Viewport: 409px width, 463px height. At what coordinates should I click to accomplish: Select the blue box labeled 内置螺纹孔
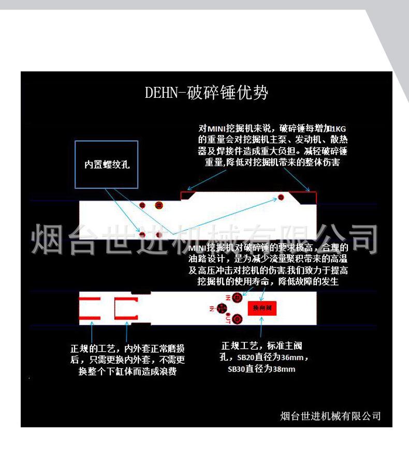point(107,165)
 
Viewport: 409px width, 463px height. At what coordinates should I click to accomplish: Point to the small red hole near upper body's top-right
point(281,197)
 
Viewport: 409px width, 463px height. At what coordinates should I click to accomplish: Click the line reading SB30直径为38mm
point(261,369)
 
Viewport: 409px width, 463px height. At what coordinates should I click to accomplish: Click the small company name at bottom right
point(330,415)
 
